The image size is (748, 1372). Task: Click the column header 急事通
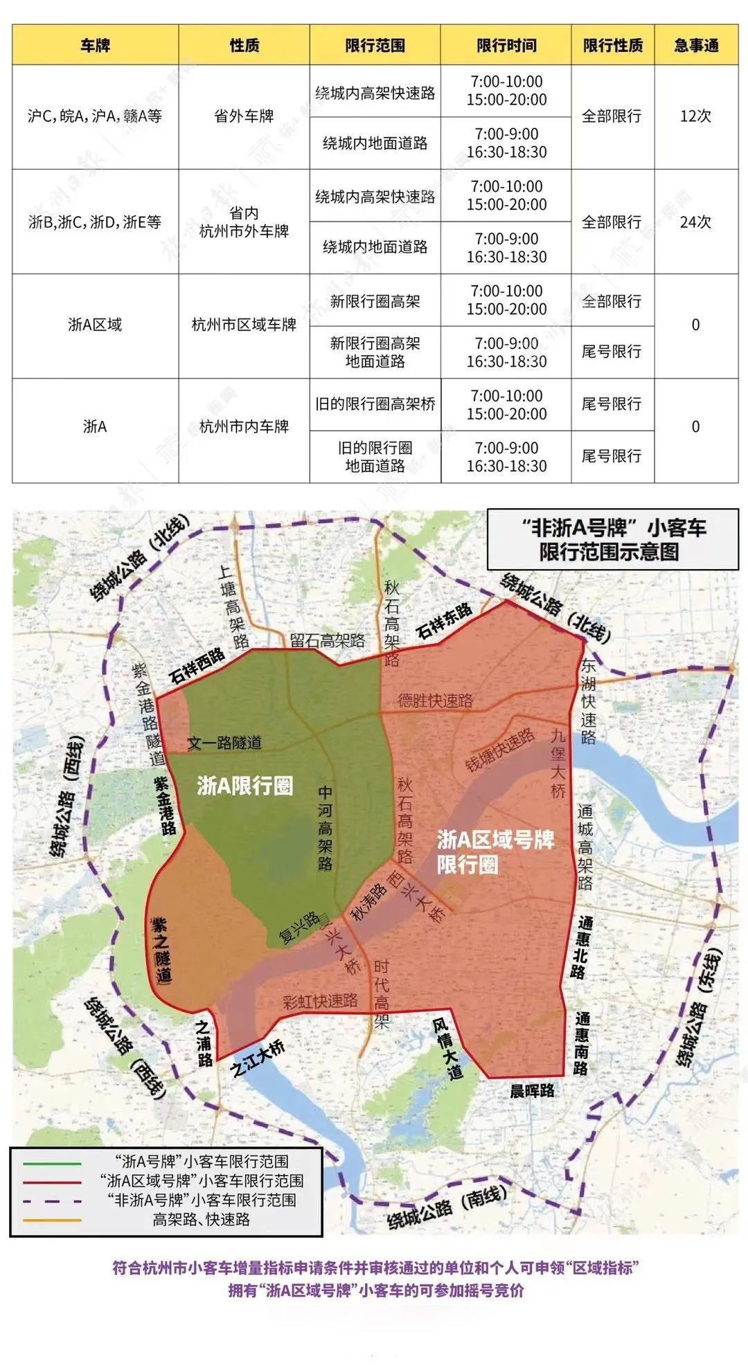(696, 46)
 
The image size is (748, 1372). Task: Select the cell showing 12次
(696, 116)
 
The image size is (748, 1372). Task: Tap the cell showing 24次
(696, 222)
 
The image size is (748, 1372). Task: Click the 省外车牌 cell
(244, 116)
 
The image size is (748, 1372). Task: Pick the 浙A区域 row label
(95, 325)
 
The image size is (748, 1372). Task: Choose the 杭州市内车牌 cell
(244, 427)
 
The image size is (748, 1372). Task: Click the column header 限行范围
(375, 46)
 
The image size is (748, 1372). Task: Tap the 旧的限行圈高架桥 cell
(375, 404)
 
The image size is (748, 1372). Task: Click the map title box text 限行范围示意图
(609, 552)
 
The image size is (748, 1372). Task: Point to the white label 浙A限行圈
(244, 786)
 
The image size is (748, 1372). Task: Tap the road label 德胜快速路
(436, 701)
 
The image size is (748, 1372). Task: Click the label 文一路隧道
(224, 743)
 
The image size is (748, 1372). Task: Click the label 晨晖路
(532, 1091)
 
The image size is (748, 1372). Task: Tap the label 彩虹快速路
(320, 1002)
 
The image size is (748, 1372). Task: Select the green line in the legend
(52, 1162)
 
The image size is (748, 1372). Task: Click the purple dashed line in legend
(52, 1200)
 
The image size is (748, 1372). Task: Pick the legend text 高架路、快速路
(201, 1219)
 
